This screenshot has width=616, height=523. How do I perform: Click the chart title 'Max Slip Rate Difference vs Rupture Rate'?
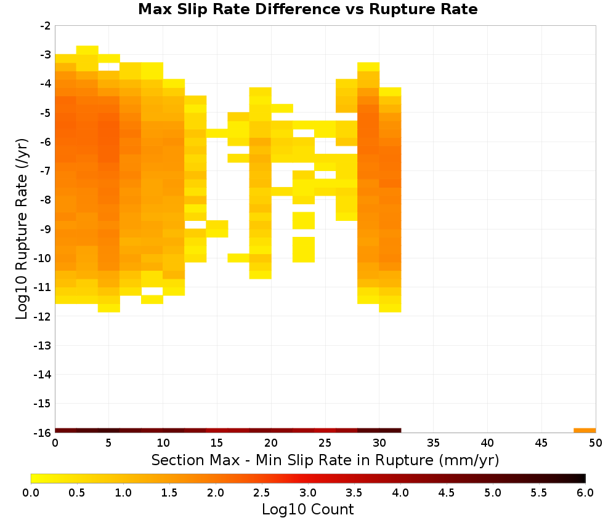coord(307,9)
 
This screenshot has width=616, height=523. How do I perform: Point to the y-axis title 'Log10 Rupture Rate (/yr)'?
coord(22,229)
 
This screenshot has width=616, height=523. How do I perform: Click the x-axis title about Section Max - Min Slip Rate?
coord(325,460)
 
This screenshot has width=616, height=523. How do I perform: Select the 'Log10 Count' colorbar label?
coord(307,509)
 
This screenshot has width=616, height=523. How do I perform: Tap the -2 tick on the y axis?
coord(46,26)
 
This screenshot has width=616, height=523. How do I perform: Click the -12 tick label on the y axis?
coord(43,316)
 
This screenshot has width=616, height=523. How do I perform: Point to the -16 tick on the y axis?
coord(43,433)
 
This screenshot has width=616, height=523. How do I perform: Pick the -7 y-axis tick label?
coord(46,171)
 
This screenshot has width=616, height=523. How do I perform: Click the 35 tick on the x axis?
coord(433,443)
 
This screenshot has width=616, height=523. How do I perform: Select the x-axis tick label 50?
coord(596,443)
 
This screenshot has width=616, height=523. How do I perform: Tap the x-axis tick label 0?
coord(55,443)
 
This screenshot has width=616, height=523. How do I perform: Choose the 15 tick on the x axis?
coord(217,443)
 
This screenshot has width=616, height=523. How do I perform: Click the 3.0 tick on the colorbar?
coord(308,492)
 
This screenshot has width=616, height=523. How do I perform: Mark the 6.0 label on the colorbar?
coord(585,492)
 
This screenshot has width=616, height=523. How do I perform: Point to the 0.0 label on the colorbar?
coord(31,492)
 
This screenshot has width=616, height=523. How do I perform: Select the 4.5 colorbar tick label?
coord(447,492)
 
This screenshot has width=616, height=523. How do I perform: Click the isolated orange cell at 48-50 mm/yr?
coord(585,431)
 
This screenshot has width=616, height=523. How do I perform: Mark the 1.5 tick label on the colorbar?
coord(169,492)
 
